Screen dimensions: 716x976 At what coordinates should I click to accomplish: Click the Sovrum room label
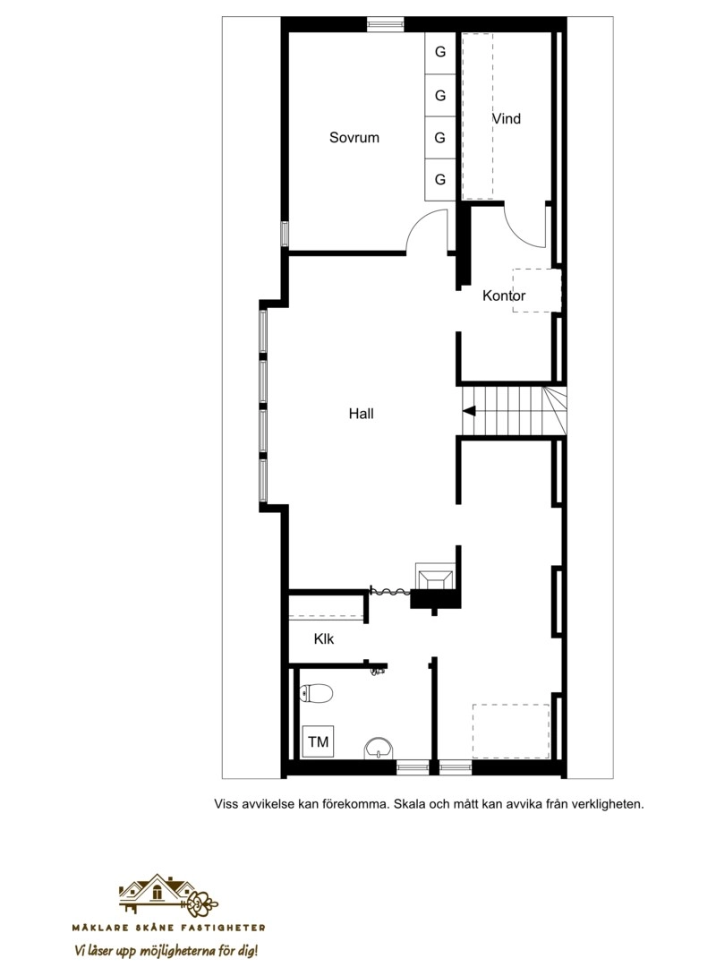pos(354,138)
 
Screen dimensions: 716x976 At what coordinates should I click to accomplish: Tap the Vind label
pos(507,118)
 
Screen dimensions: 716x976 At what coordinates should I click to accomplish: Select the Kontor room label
pos(504,295)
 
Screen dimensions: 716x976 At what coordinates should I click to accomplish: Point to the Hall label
pos(361,414)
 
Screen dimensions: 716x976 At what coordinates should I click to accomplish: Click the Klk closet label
pos(323,638)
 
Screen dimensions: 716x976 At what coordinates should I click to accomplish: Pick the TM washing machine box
pos(318,741)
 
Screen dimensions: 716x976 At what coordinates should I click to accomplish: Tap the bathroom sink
pos(379,748)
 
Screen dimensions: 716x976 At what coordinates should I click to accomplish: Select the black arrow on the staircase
pos(469,411)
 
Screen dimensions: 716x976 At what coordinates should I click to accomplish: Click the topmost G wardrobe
pos(440,52)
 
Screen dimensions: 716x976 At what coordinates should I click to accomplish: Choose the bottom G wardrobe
pos(440,179)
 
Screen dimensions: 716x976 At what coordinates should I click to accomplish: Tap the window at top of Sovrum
pos(385,24)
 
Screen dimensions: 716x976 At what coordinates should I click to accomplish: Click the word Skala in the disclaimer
pos(409,803)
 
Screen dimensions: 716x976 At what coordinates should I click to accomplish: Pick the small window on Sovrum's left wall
pos(285,234)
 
